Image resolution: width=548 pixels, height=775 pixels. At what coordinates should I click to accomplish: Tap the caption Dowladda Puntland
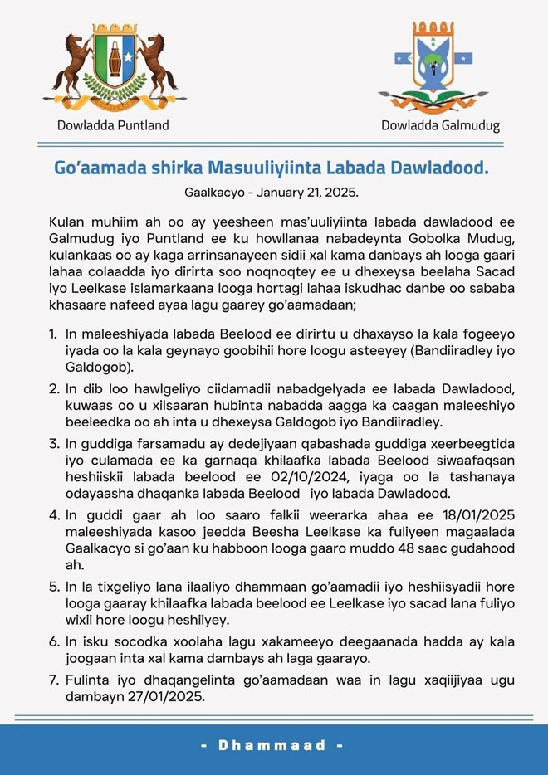113,125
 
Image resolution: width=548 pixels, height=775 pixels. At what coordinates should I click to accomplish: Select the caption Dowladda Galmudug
440,126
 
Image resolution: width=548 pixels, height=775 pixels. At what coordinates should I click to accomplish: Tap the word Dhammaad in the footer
274,745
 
